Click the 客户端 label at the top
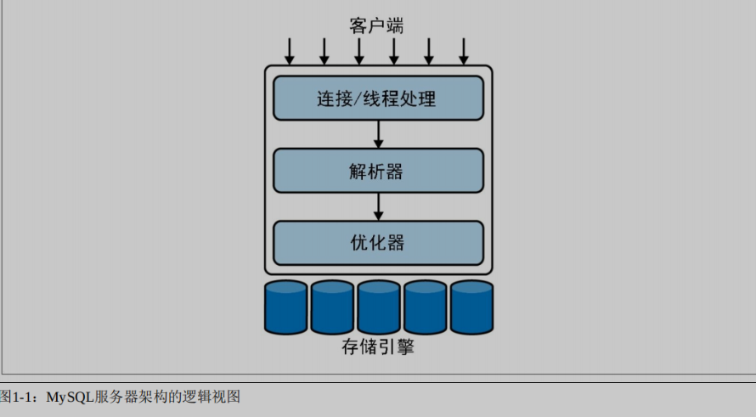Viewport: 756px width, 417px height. pos(376,25)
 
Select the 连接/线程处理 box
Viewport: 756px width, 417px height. pos(378,99)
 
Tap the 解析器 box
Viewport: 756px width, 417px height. pos(378,171)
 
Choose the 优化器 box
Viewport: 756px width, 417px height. pos(378,243)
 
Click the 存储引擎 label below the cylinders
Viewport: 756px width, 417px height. pos(378,347)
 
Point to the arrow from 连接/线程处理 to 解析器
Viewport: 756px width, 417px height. pos(378,134)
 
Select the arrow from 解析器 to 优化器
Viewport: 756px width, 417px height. pos(378,206)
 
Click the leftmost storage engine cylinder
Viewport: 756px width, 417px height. pos(285,307)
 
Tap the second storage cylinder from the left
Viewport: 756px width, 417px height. pos(332,307)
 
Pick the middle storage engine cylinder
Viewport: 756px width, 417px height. pos(379,307)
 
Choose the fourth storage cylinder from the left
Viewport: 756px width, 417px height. pos(425,307)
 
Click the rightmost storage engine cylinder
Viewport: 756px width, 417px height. pos(471,307)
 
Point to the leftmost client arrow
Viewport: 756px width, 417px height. pos(289,51)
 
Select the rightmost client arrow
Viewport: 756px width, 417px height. pos(464,51)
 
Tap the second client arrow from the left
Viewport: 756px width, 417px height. pos(324,51)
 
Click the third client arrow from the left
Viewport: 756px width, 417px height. pos(358,51)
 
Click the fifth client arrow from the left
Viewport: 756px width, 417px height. pos(428,51)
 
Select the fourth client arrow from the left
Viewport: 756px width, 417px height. pos(393,51)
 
